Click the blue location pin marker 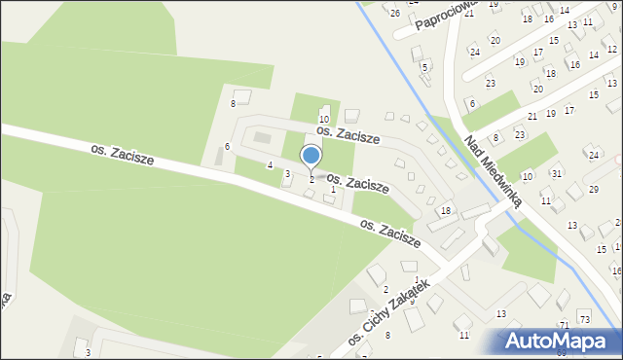(311, 157)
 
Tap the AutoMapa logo (561, 341)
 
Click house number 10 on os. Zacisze (324, 119)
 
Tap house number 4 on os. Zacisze (270, 165)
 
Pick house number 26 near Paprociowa (394, 13)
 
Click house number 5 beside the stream (425, 67)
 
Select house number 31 (556, 173)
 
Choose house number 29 (594, 189)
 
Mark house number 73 (584, 320)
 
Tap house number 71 (564, 324)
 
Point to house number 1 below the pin (333, 190)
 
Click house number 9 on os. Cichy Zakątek (412, 302)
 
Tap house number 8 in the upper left (233, 103)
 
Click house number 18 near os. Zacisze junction (446, 211)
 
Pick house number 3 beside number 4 (287, 173)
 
